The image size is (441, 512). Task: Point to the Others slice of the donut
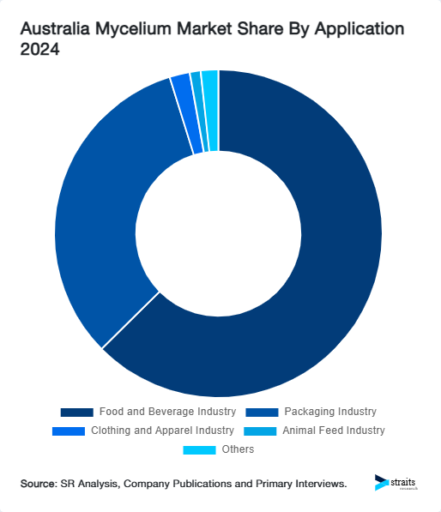pyautogui.click(x=210, y=111)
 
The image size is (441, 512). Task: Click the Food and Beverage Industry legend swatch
pyautogui.click(x=76, y=412)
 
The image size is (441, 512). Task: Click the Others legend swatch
pyautogui.click(x=199, y=449)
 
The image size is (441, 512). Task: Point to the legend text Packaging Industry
pyautogui.click(x=330, y=412)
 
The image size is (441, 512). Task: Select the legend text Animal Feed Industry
pyautogui.click(x=333, y=431)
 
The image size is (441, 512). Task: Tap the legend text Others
pyautogui.click(x=238, y=449)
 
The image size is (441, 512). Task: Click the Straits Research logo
pyautogui.click(x=397, y=483)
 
